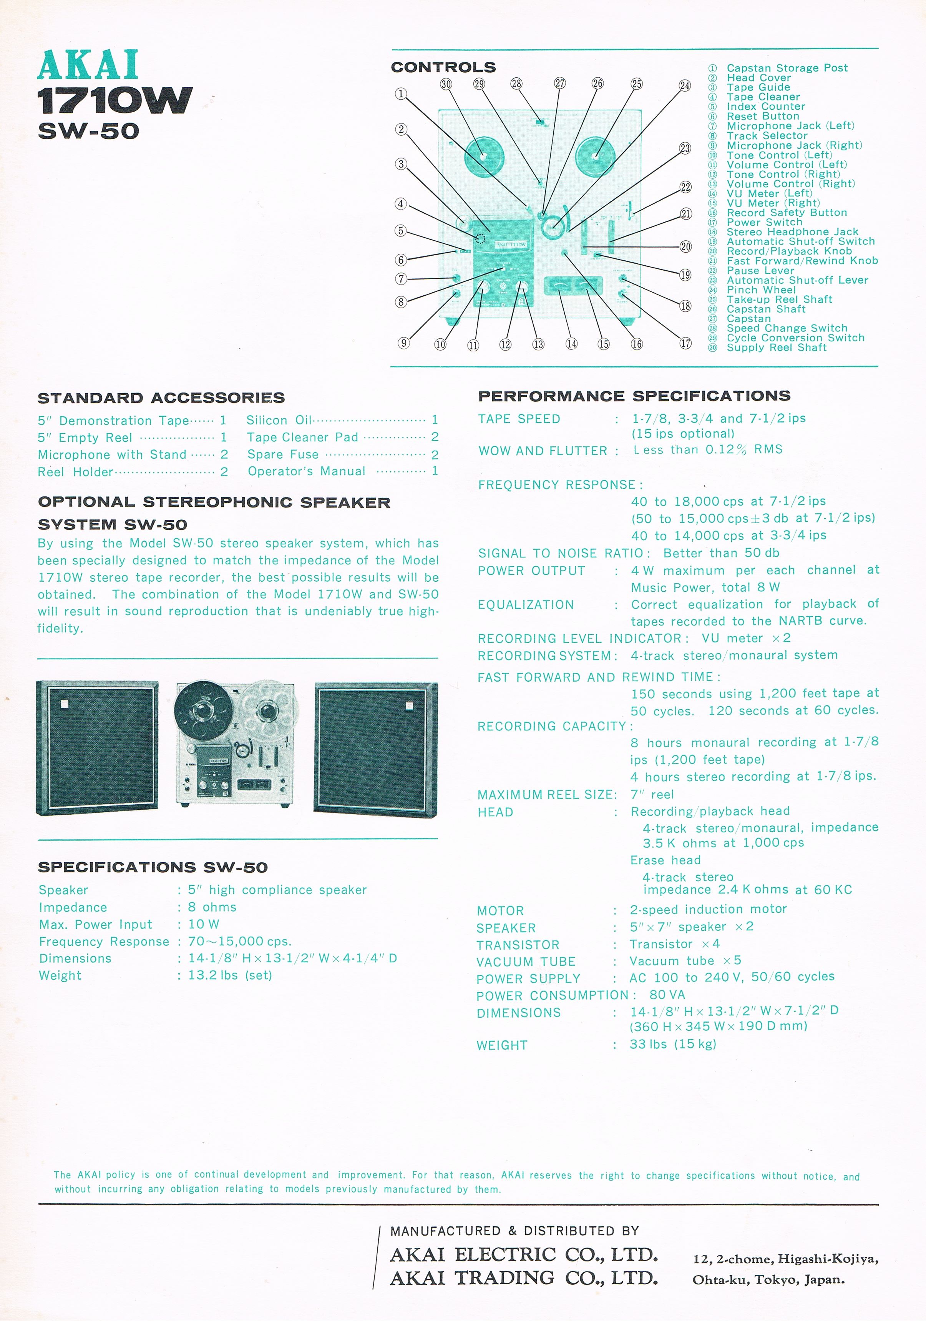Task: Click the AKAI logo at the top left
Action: tap(88, 65)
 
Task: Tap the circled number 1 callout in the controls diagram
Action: tap(401, 94)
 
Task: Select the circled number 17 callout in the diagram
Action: tap(685, 343)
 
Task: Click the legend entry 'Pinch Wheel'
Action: tap(760, 290)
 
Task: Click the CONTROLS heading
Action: tap(443, 67)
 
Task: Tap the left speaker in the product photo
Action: tap(97, 747)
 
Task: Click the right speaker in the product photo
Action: tap(375, 749)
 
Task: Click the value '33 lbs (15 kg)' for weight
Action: tap(672, 1044)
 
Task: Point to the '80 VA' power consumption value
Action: tap(667, 995)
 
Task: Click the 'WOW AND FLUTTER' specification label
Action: tap(543, 451)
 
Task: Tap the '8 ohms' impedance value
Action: tap(212, 907)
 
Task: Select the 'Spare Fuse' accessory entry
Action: tap(282, 454)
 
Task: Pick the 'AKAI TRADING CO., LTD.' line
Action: tap(523, 1278)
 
